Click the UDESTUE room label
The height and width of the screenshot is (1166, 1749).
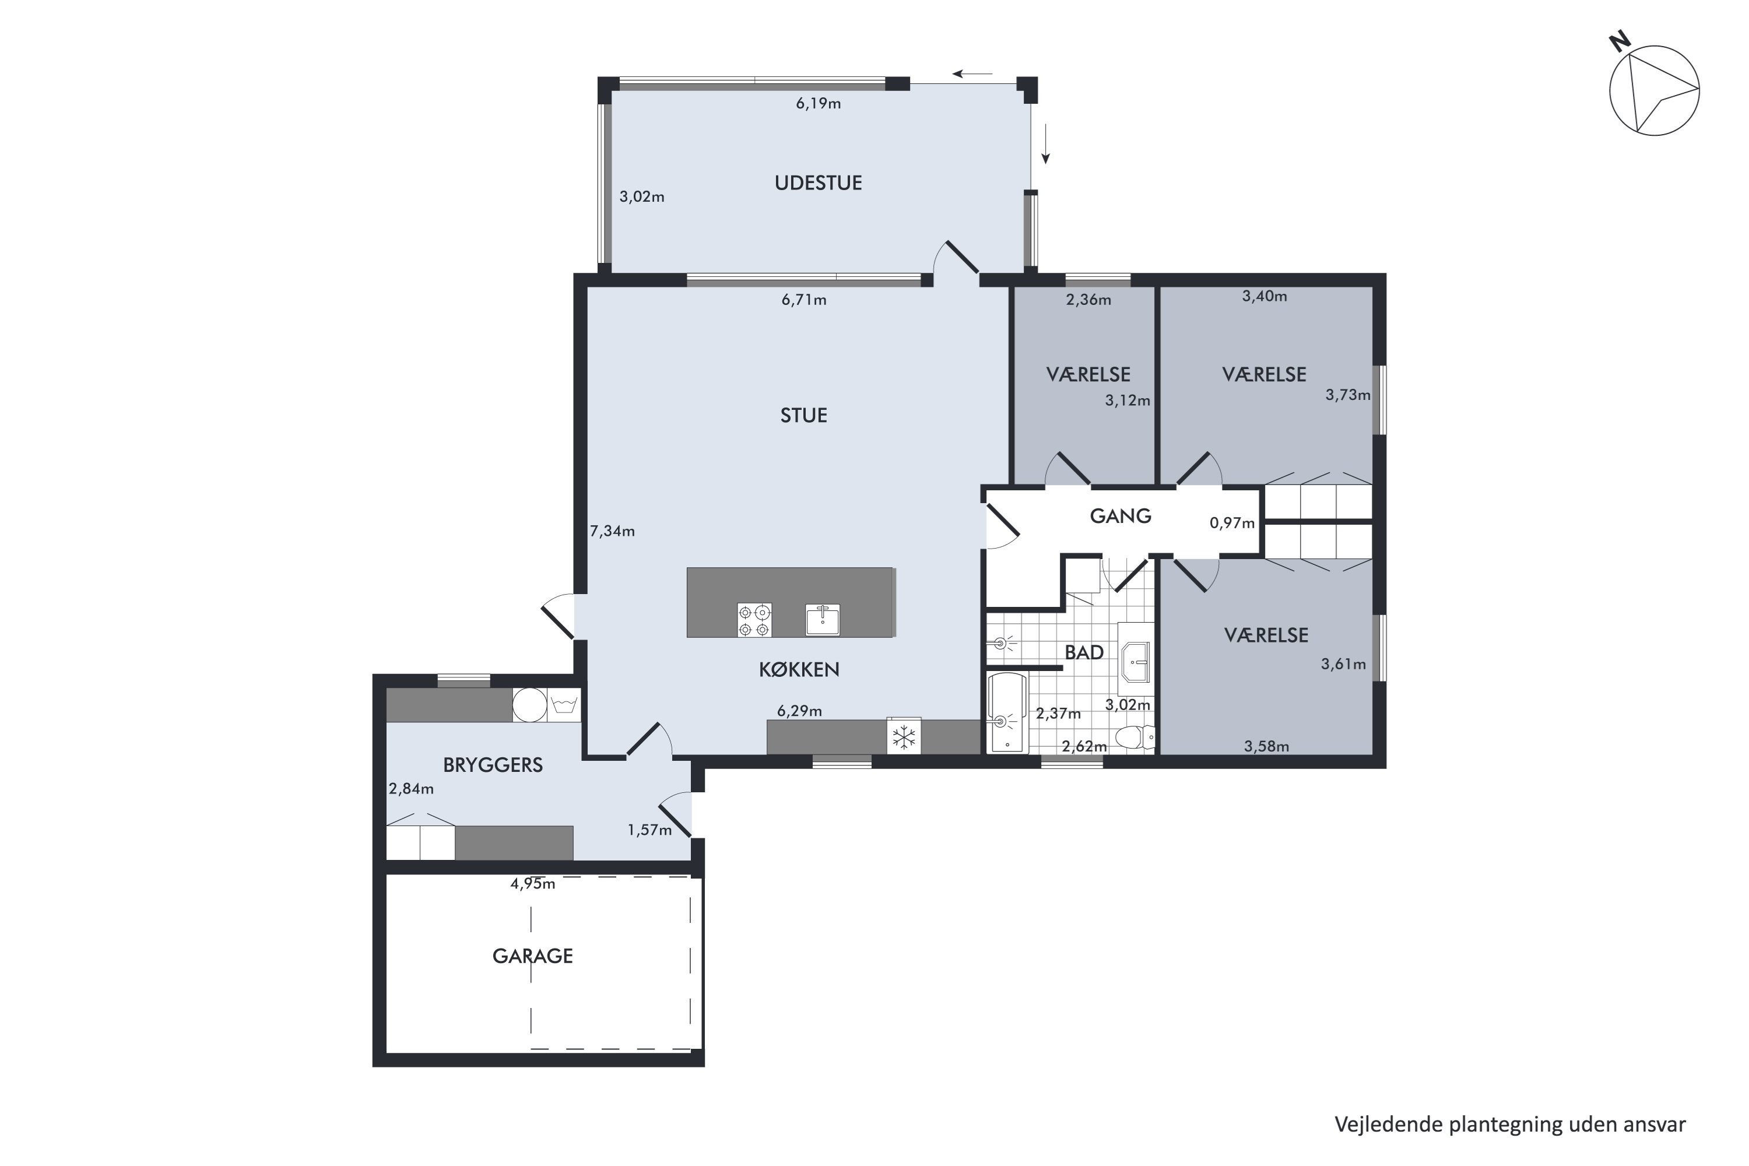tap(818, 183)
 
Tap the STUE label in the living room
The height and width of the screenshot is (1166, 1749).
tap(803, 415)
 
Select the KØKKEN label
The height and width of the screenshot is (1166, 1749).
tap(799, 669)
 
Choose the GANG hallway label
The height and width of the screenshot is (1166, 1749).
tap(1120, 515)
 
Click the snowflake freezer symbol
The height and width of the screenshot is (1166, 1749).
tap(904, 737)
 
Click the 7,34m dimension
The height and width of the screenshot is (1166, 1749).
tap(612, 531)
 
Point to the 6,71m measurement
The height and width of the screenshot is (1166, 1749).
tap(804, 300)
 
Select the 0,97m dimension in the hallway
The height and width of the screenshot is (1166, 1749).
tap(1232, 523)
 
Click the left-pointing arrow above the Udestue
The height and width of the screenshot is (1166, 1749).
tap(972, 73)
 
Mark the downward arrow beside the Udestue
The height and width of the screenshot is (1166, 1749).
tap(1045, 143)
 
